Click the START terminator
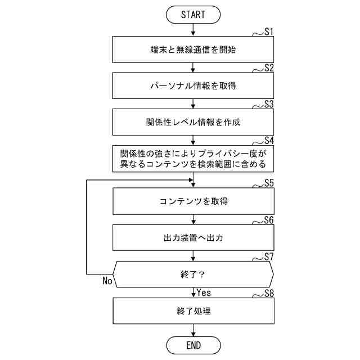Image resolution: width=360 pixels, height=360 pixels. (193, 15)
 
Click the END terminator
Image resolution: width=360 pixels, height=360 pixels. (193, 344)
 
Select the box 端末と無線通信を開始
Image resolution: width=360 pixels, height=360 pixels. (193, 49)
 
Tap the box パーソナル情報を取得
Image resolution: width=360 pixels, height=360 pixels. (193, 85)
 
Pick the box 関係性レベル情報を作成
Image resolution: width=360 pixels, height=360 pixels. (193, 121)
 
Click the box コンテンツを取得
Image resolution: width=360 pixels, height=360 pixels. (193, 201)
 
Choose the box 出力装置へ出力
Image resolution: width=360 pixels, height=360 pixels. (193, 238)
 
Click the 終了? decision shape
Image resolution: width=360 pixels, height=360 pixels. (193, 275)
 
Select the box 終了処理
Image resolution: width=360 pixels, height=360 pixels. (193, 310)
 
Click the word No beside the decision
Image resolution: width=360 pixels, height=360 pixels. (108, 281)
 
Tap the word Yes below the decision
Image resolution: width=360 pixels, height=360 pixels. (204, 292)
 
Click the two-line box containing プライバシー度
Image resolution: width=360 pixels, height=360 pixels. (193, 158)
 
